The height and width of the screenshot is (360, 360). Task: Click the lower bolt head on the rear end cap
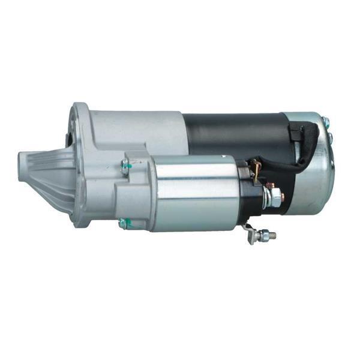pyautogui.click(x=329, y=140)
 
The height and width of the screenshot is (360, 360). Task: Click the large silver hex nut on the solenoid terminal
pyautogui.click(x=274, y=196)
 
